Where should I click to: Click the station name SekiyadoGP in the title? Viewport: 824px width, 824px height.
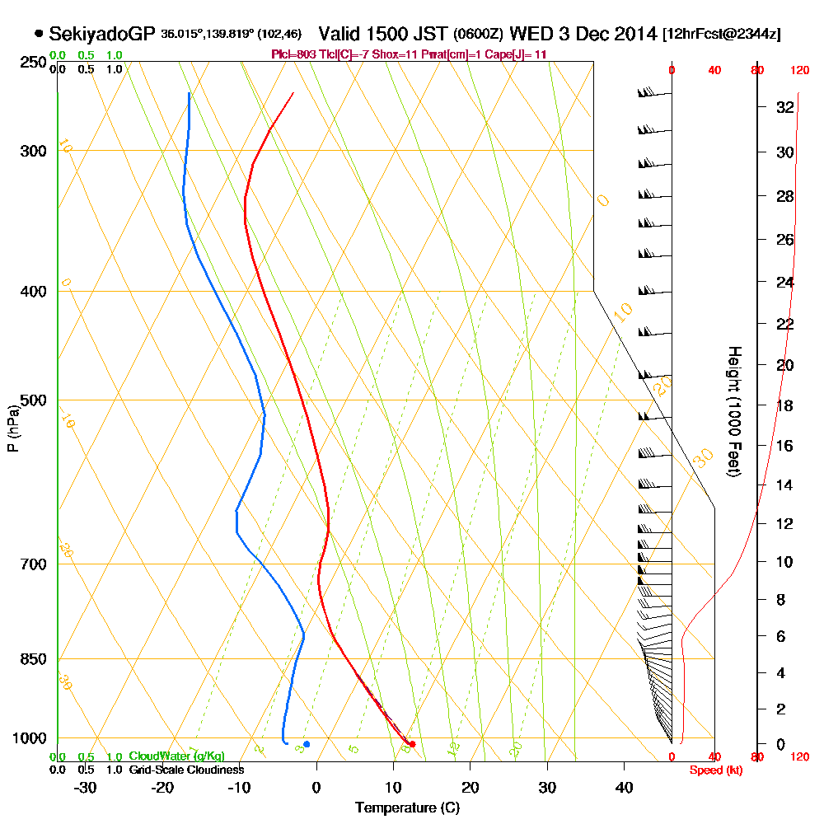(x=102, y=34)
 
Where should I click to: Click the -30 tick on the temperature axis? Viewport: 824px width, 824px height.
(x=86, y=788)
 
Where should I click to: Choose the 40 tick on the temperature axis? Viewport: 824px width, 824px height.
(x=624, y=788)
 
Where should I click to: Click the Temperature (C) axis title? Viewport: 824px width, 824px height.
(x=407, y=808)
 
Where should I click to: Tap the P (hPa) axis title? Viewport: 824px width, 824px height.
(x=12, y=428)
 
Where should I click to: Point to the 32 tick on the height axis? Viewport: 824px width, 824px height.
(x=784, y=107)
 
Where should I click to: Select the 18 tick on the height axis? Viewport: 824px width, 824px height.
(x=784, y=406)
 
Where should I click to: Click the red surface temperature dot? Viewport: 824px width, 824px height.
(x=412, y=745)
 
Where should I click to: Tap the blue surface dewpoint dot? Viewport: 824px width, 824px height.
(x=307, y=744)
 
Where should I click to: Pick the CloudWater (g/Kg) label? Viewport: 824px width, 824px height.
(x=176, y=756)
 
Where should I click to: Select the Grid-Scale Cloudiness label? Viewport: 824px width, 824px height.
(x=185, y=770)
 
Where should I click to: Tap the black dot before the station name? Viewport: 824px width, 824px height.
(x=39, y=34)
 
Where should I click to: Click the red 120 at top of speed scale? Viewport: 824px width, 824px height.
(x=798, y=70)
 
